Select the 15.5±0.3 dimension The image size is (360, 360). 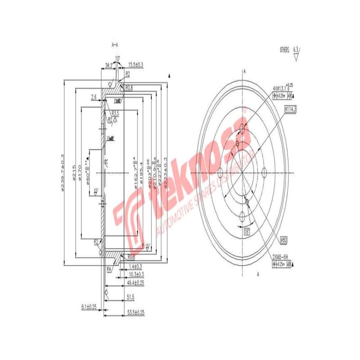click(135, 65)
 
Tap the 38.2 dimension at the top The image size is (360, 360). click(108, 65)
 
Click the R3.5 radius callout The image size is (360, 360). click(115, 113)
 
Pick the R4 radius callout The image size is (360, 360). click(109, 269)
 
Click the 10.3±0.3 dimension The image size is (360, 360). click(135, 274)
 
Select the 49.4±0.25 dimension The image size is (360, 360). click(135, 283)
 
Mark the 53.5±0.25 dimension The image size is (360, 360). click(135, 312)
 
